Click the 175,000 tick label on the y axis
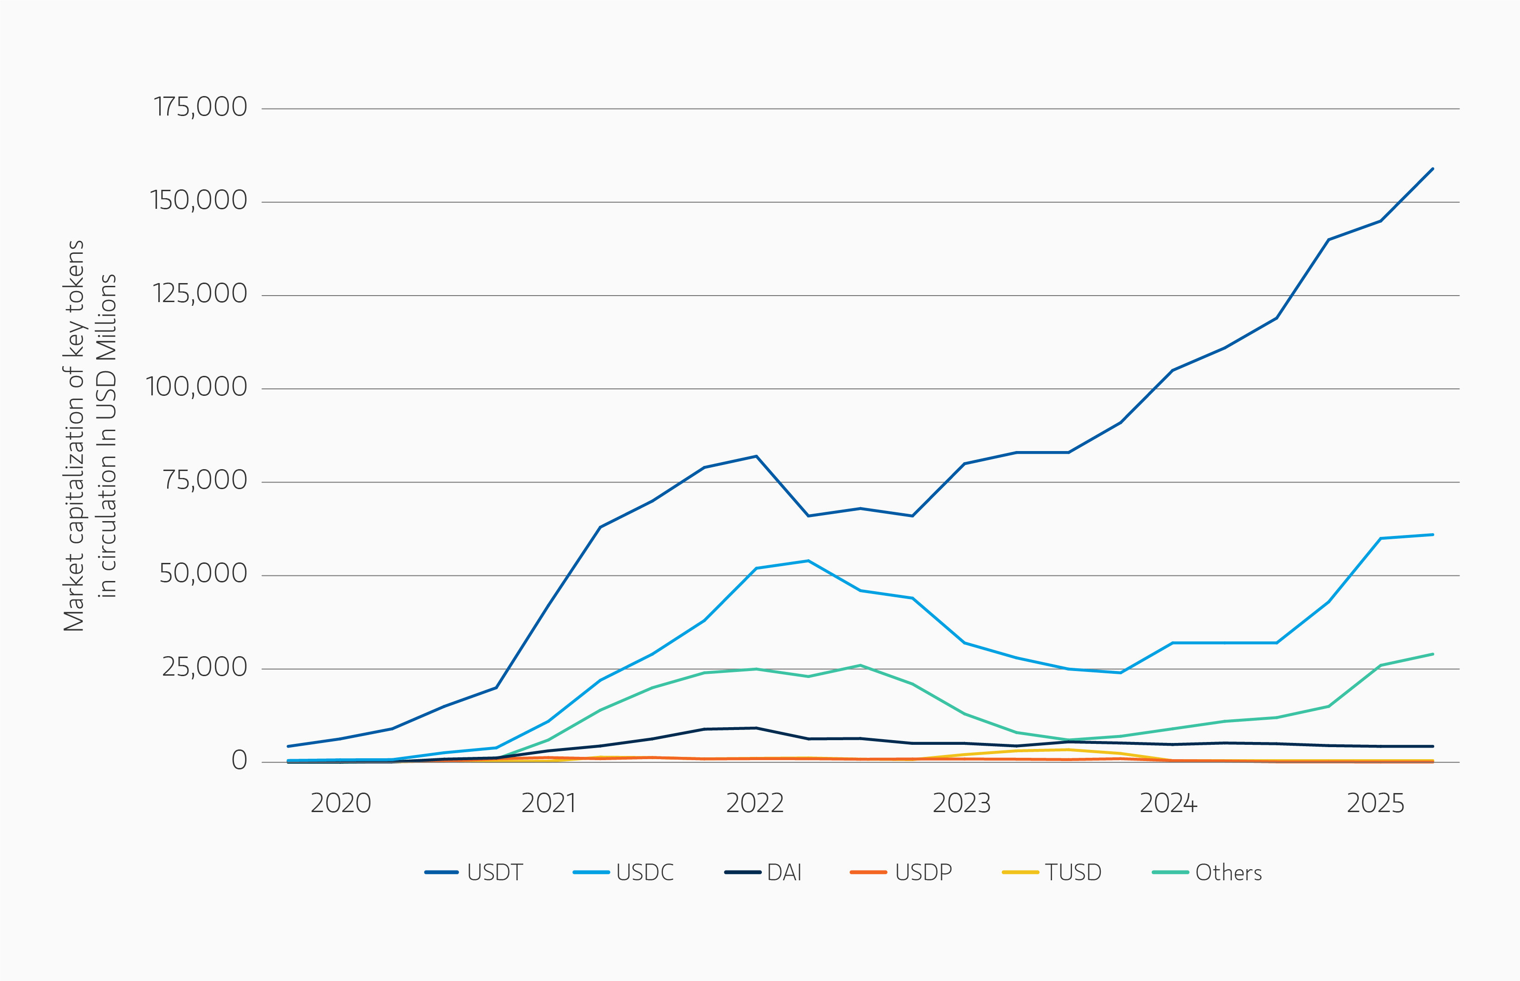coord(200,107)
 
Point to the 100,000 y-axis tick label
coord(196,387)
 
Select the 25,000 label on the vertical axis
coord(204,667)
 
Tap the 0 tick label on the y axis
coord(239,760)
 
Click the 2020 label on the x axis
coord(340,803)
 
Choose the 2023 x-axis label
coord(961,803)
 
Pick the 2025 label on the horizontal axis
coord(1375,803)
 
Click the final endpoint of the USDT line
coord(1433,169)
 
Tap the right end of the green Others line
coord(1433,654)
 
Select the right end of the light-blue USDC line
coord(1433,535)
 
